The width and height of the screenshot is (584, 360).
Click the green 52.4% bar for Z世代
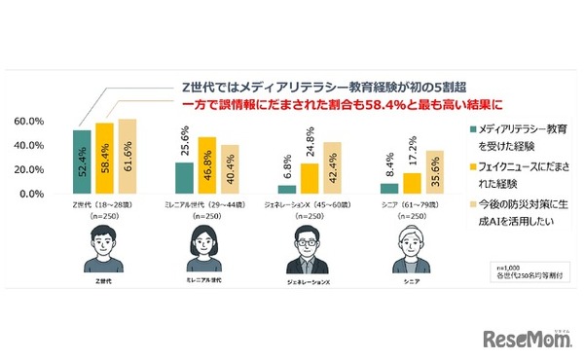coord(82,162)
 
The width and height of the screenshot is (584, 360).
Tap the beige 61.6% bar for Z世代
coord(127,156)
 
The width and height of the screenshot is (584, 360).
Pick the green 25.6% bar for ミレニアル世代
coord(184,177)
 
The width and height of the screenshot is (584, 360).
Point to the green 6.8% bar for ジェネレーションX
coord(286,189)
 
